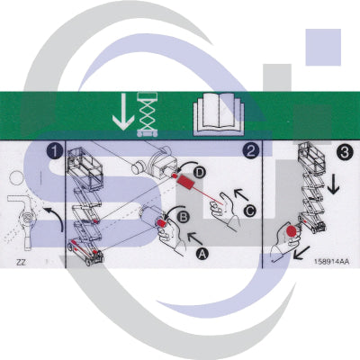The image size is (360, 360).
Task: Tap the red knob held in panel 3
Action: coord(292,232)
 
